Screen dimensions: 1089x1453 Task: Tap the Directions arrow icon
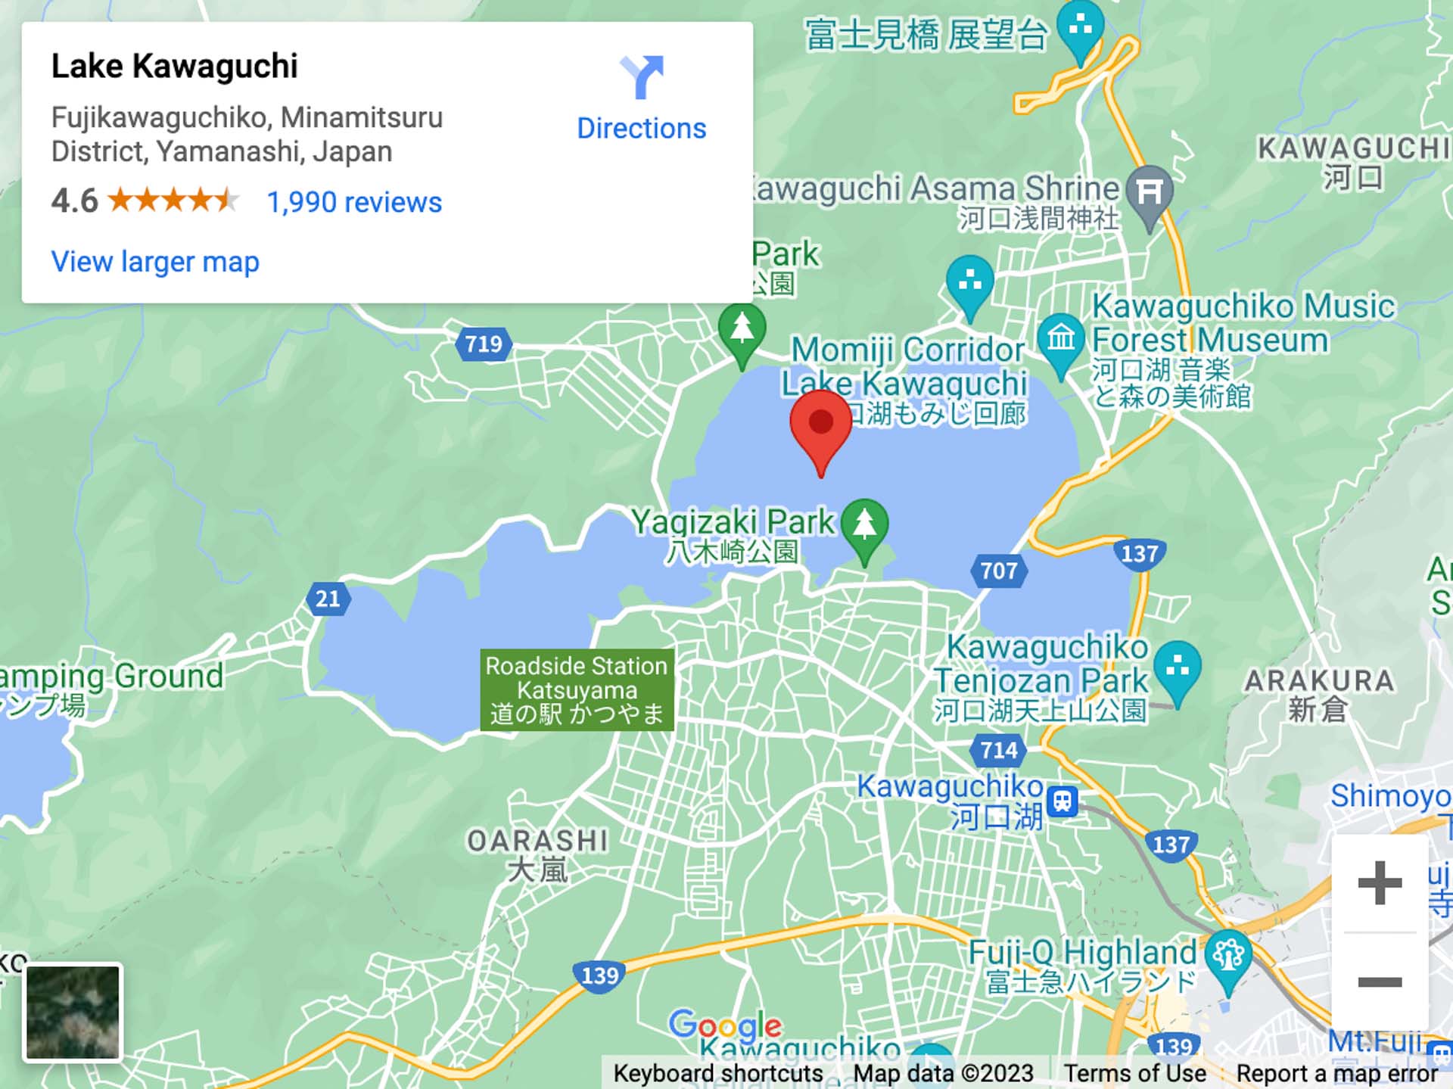tap(642, 76)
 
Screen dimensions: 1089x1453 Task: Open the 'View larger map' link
tap(155, 262)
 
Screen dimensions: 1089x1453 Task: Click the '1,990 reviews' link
tap(354, 203)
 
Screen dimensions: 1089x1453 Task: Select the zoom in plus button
tap(1380, 882)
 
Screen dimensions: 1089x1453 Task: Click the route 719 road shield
tap(484, 344)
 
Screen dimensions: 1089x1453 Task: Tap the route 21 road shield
tap(328, 599)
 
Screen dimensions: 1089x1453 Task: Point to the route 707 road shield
tap(999, 571)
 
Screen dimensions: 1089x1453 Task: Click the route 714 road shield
tap(999, 750)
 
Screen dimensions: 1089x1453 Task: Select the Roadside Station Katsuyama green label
tap(577, 689)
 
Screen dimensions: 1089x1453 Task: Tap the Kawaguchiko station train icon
tap(1063, 800)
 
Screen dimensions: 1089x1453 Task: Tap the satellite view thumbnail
tap(73, 1012)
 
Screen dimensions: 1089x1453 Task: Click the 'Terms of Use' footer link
tap(1134, 1073)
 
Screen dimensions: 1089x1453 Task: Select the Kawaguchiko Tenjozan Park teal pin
tap(1178, 668)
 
